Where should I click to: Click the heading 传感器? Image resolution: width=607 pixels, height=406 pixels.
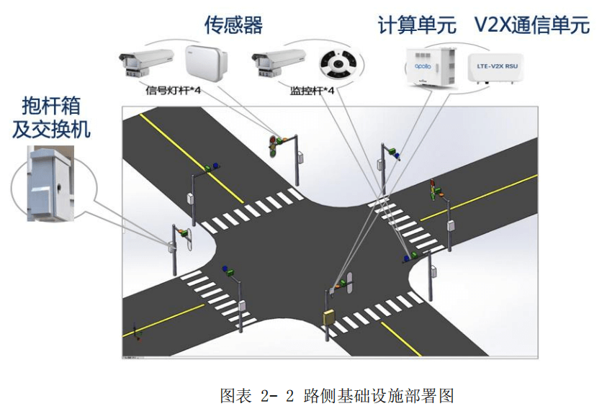point(234,26)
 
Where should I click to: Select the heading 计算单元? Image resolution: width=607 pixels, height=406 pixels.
point(417,26)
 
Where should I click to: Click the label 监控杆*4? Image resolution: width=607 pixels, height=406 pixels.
point(311,91)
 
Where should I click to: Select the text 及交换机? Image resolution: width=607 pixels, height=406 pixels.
point(50,130)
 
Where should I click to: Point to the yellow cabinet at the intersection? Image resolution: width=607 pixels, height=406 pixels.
point(330,317)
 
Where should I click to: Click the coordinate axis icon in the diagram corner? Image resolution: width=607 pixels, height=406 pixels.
point(134,333)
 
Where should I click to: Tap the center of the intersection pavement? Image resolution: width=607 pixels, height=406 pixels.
point(310,245)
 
